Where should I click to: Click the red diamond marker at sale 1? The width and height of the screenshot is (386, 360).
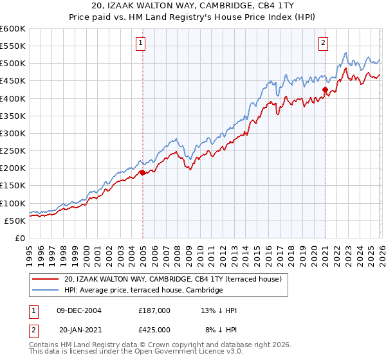click(142, 172)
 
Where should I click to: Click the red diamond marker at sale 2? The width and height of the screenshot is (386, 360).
click(326, 90)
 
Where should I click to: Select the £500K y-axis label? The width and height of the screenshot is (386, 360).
click(12, 64)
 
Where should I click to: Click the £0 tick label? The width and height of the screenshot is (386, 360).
click(19, 239)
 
